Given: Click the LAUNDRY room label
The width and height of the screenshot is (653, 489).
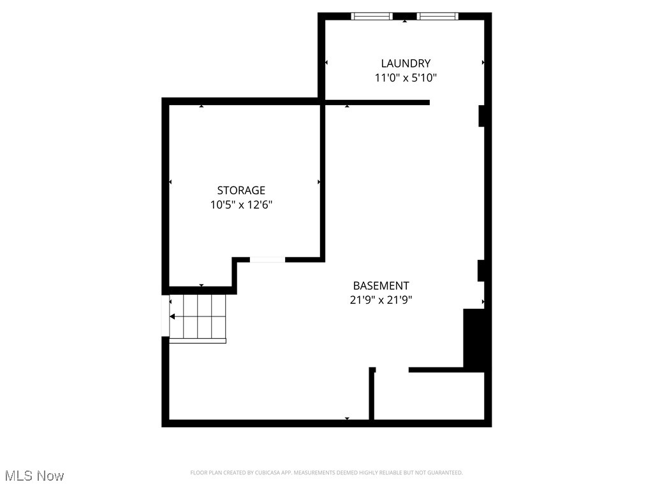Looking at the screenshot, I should coord(406,63).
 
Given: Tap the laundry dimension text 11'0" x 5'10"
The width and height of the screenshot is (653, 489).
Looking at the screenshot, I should coord(406,78).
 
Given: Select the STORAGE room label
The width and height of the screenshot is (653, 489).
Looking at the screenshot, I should coord(241,190).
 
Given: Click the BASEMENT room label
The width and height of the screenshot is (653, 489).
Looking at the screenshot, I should coord(381,286).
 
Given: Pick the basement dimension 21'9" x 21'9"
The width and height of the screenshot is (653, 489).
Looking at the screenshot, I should coord(381,301).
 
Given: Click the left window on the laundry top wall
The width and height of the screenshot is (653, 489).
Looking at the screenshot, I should coord(372,16).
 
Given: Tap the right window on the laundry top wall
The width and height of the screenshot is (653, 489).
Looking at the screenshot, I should coord(437,16).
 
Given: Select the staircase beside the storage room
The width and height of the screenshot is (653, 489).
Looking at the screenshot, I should coord(198,316).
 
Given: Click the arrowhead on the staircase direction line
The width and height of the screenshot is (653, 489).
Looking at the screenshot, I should coord(172,316).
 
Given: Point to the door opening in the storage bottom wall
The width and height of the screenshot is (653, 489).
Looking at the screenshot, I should coord(267,259).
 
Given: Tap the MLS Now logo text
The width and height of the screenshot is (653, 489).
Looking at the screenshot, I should coord(34,476).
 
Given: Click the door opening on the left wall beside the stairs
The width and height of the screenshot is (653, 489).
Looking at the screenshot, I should coord(165,316).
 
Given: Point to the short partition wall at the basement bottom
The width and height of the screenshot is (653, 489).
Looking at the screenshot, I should coord(372,395).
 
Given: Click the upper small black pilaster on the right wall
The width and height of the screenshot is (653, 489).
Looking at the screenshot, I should coord(482,116).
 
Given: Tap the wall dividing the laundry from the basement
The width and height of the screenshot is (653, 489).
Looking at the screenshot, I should coord(376,102).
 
